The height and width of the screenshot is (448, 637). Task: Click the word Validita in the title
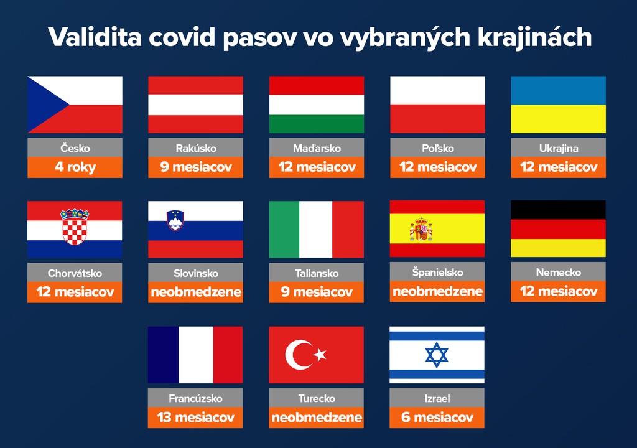(x=95, y=37)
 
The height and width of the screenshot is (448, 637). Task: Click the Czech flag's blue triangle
(x=44, y=105)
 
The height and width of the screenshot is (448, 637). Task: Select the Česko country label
(x=75, y=148)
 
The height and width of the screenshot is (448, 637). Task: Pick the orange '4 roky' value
(x=75, y=167)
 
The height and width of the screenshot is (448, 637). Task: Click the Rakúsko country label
(x=196, y=148)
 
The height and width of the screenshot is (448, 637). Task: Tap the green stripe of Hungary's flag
(x=317, y=124)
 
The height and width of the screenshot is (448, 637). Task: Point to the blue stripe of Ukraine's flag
(x=558, y=90)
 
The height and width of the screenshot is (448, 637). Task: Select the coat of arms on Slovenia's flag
(x=175, y=220)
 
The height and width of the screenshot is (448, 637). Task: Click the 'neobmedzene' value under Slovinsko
(x=196, y=292)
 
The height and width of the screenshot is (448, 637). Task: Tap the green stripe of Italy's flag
(x=284, y=229)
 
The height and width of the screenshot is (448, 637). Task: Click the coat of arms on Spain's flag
(x=421, y=229)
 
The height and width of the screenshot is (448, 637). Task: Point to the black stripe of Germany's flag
(x=558, y=210)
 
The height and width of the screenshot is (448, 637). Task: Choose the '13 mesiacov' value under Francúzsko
(x=196, y=417)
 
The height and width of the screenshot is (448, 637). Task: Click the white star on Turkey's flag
(x=320, y=355)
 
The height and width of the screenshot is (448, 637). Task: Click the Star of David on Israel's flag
(x=437, y=355)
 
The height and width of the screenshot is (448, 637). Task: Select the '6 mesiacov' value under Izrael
(x=437, y=417)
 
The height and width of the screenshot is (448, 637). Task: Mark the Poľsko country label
(x=437, y=148)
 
